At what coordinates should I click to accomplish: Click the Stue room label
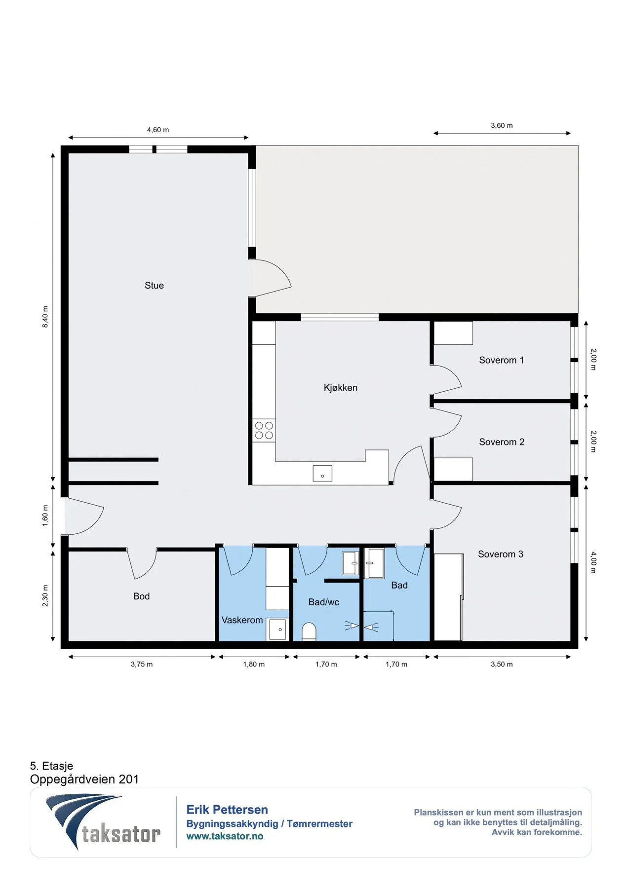154,285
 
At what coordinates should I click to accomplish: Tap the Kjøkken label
341,388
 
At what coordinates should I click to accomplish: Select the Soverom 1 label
501,360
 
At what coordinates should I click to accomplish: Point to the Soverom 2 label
502,442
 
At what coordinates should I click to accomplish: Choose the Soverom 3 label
501,554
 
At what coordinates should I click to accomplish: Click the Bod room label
141,596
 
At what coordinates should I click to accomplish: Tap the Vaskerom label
242,620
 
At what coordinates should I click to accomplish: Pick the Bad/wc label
324,602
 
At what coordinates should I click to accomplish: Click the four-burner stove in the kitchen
264,430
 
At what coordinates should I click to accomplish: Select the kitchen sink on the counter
322,474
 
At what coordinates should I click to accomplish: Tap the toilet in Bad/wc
309,632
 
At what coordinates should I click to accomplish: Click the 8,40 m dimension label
45,317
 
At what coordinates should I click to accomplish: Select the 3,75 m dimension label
142,664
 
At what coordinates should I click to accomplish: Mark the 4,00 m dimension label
594,562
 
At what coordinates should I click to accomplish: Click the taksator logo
103,822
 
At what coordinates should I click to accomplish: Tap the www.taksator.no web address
225,836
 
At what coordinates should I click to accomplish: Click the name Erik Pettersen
227,810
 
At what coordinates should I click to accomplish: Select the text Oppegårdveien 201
84,779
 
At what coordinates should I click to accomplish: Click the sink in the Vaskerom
277,629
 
